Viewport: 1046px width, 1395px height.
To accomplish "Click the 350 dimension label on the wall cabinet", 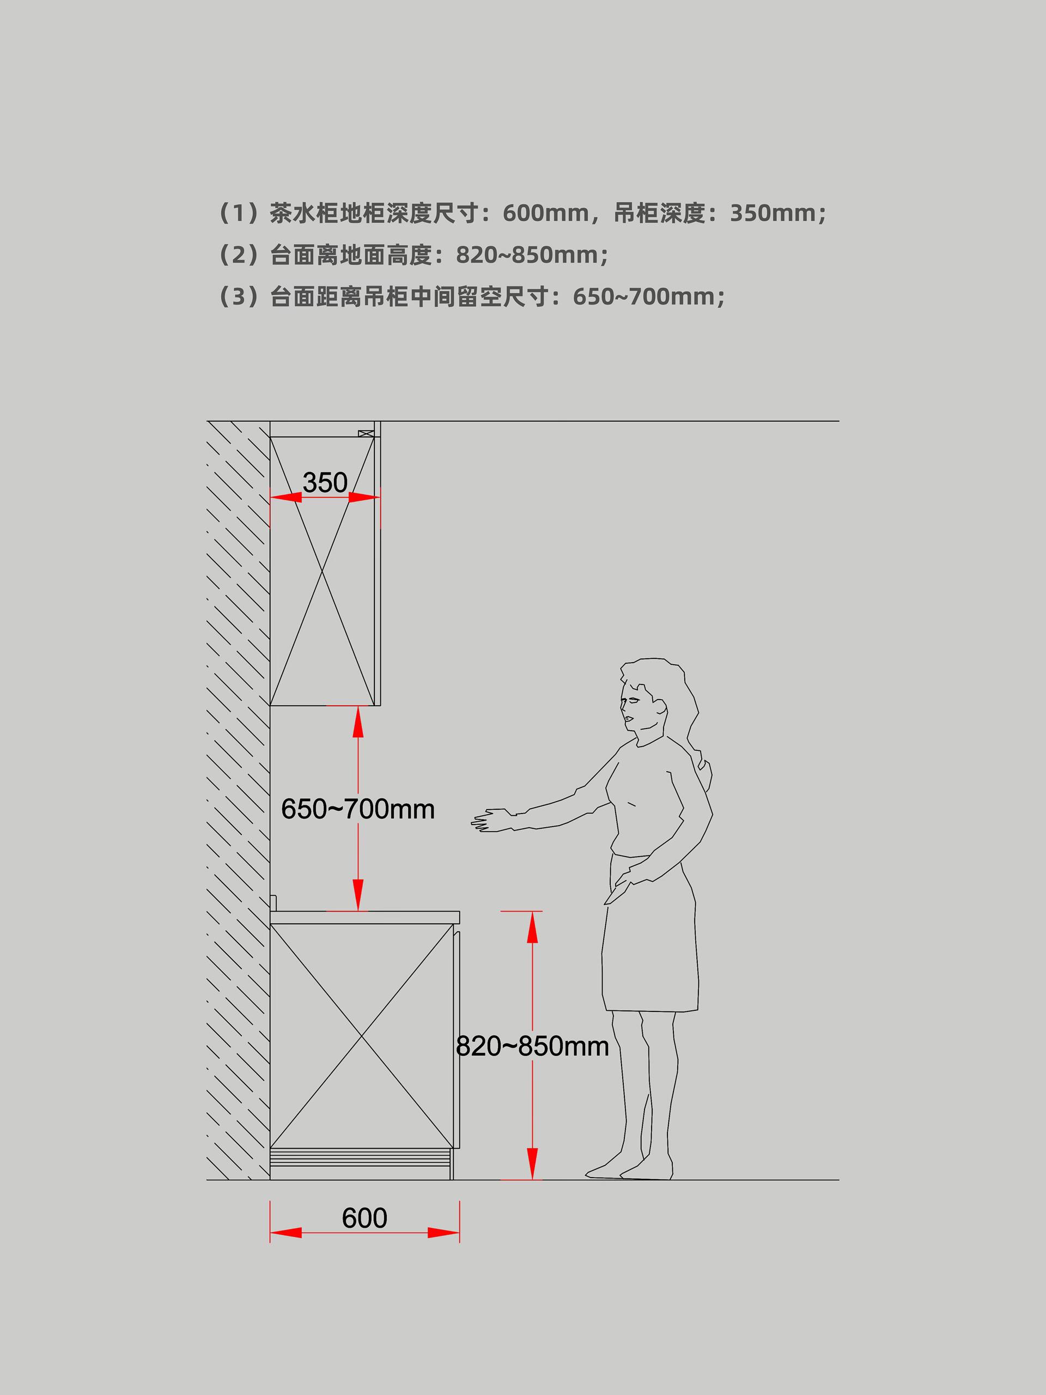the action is point(325,483).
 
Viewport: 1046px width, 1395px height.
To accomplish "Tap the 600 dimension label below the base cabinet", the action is point(364,1218).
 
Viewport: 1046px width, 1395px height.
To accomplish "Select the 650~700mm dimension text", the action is point(357,809).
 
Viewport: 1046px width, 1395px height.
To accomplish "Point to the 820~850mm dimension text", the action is point(532,1046).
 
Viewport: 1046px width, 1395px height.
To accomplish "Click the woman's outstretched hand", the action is point(492,821).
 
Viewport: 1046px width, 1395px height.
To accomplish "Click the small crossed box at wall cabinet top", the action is point(366,433).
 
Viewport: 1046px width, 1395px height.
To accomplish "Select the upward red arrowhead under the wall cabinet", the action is point(357,721).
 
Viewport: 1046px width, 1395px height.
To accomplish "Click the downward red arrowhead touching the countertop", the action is point(357,895).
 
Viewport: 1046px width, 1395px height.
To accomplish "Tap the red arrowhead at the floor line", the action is point(532,1163).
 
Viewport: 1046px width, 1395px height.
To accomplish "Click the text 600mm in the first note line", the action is point(545,213).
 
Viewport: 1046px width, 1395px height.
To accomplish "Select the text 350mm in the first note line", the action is point(773,213).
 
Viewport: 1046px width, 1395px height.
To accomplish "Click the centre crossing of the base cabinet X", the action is point(362,1035).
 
